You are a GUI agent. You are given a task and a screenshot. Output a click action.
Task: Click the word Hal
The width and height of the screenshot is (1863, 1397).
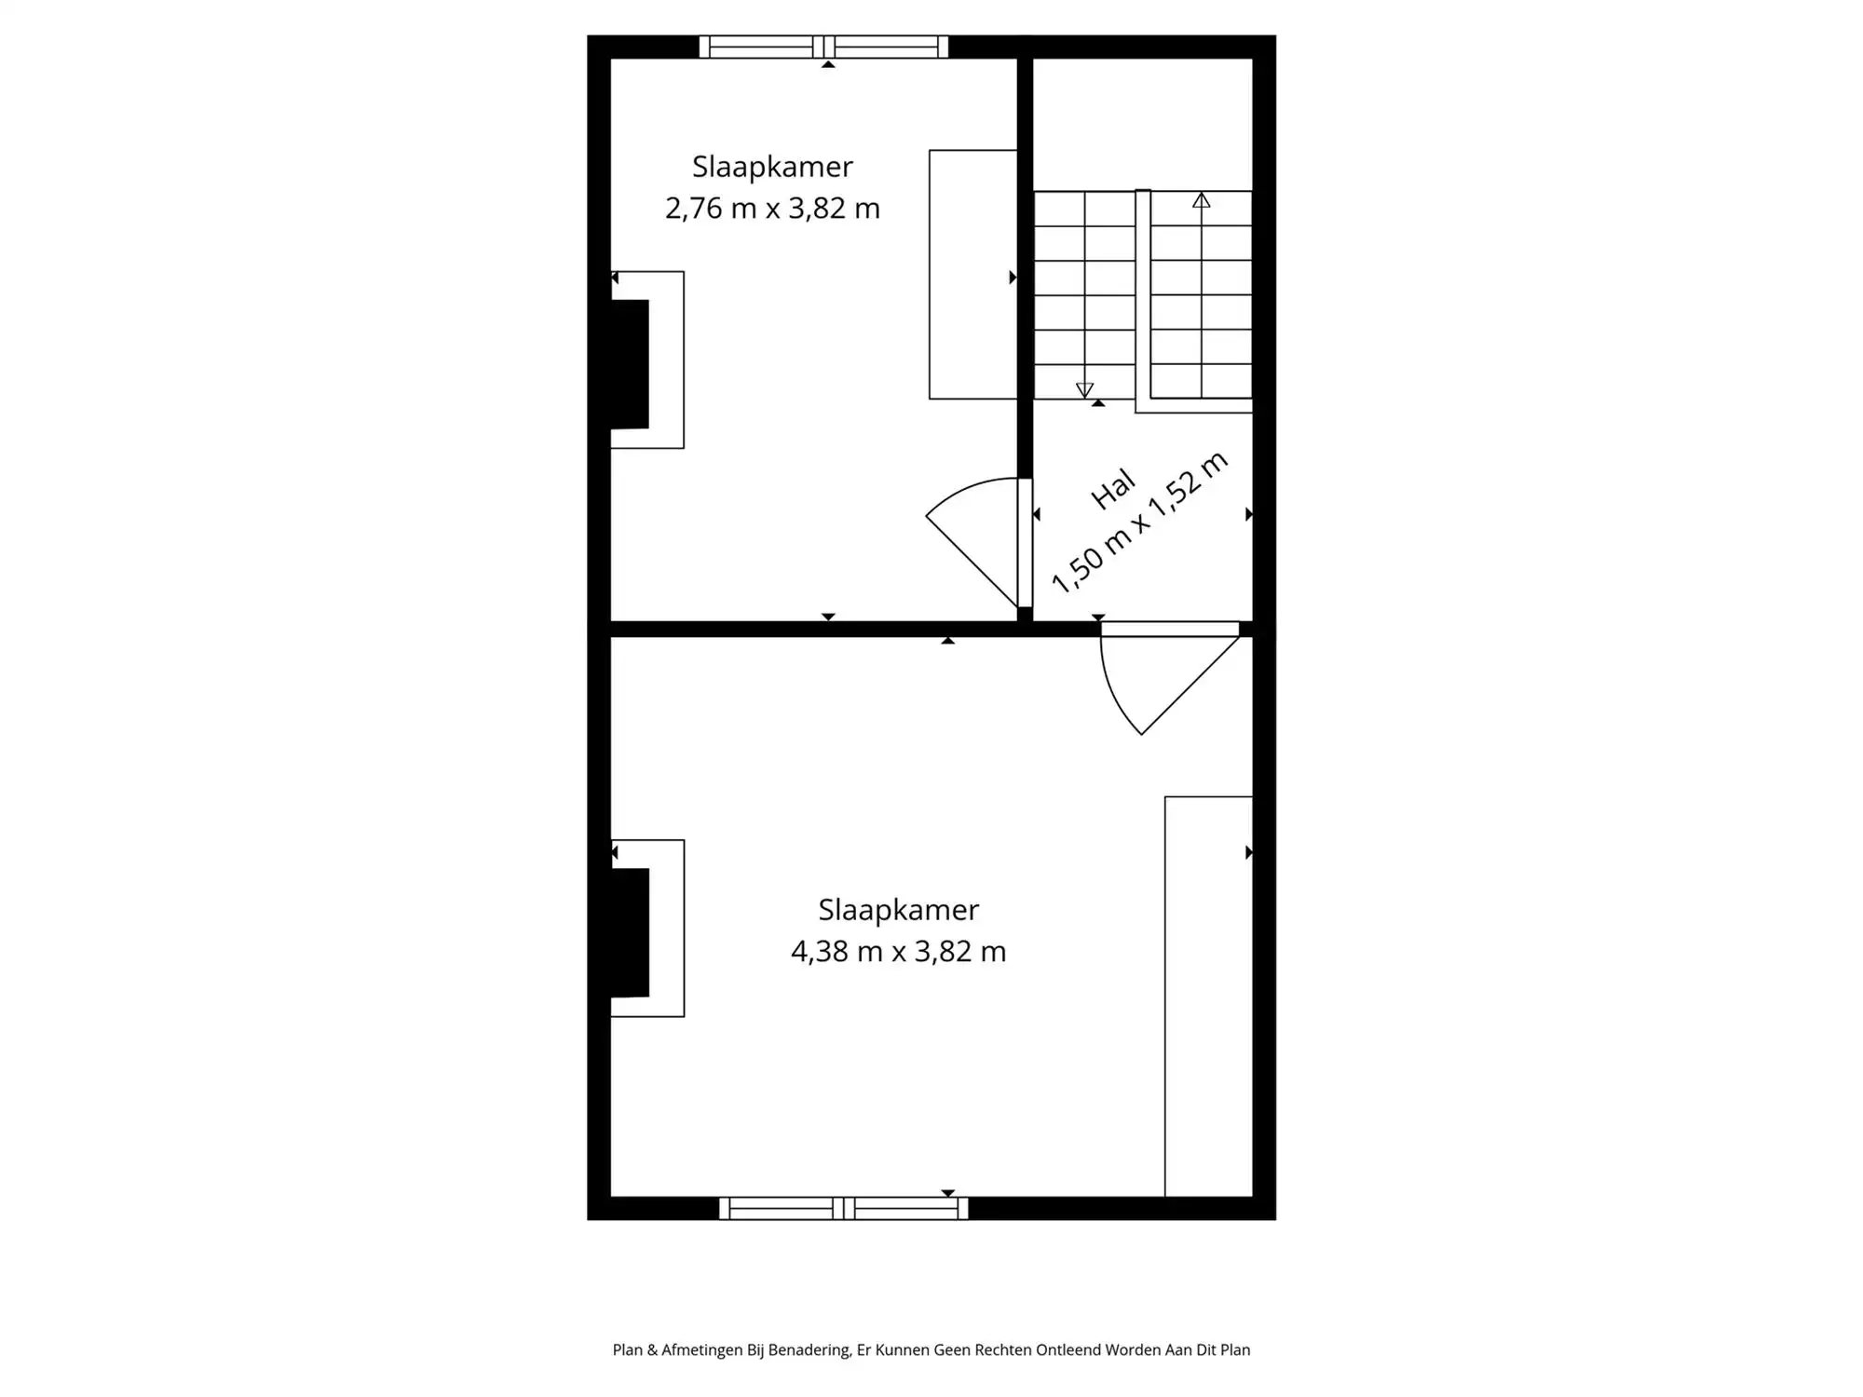tap(1113, 489)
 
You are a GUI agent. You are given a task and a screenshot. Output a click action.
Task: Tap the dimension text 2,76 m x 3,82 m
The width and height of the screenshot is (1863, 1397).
tap(772, 208)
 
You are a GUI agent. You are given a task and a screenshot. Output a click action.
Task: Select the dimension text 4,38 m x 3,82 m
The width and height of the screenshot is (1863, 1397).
tap(898, 951)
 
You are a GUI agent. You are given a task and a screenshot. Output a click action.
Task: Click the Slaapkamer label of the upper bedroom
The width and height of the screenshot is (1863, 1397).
tap(772, 167)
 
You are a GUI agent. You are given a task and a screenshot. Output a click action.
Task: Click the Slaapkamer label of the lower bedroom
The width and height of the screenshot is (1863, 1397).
tap(898, 909)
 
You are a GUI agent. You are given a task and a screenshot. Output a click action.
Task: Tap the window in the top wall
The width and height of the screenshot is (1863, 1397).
tap(823, 47)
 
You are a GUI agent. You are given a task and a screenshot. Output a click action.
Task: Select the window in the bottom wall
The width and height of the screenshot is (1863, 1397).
tap(843, 1208)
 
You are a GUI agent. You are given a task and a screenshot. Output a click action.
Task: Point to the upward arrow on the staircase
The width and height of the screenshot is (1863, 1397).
tap(1202, 200)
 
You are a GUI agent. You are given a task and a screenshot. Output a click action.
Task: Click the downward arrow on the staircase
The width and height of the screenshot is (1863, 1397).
tap(1084, 389)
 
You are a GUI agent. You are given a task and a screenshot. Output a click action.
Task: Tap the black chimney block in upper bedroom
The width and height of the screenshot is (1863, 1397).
tap(630, 364)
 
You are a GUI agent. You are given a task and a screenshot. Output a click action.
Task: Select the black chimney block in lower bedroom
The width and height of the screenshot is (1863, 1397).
tap(630, 932)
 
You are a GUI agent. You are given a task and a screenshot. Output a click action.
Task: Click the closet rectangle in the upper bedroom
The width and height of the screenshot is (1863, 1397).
tap(972, 275)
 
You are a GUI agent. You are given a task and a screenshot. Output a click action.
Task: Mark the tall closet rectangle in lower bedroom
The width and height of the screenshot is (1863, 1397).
tap(1208, 997)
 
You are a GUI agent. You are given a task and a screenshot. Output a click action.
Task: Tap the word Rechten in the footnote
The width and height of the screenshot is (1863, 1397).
tap(1002, 1350)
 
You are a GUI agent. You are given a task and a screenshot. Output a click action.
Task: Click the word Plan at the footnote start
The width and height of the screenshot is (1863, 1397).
tap(627, 1350)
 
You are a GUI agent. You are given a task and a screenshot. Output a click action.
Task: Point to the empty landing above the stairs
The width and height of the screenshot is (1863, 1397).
tap(1143, 124)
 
